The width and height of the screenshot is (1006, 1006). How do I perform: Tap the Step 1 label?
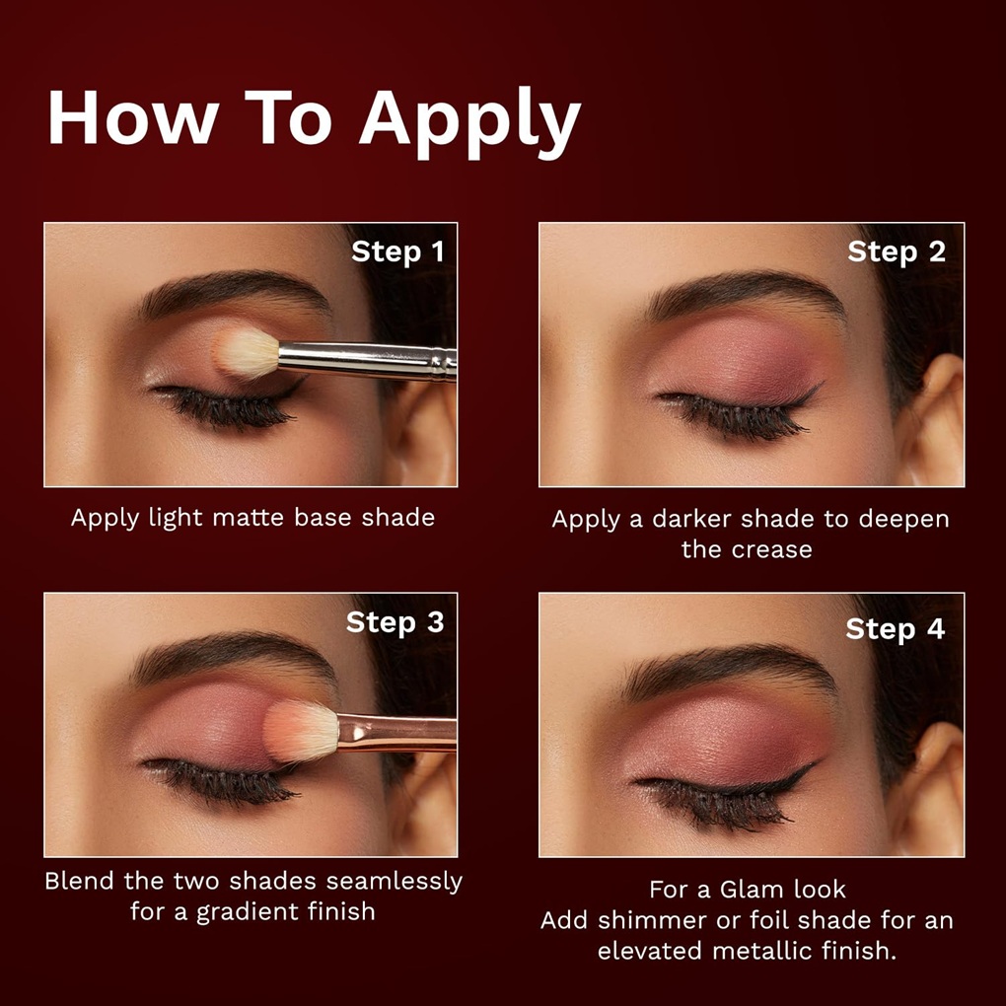(397, 252)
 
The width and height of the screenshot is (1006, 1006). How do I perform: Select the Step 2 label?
(897, 252)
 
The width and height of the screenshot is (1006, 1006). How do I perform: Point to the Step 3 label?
(395, 623)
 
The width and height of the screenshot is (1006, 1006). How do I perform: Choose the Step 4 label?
(895, 629)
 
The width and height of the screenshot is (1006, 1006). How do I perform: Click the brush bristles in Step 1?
(246, 352)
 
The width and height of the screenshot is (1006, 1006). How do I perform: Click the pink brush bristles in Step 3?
(301, 730)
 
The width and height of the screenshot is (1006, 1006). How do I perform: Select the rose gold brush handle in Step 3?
(397, 733)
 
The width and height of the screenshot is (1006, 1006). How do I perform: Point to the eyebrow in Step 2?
(745, 292)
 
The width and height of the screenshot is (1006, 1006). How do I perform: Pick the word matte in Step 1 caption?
(248, 518)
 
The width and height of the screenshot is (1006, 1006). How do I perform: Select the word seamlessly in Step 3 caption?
(394, 882)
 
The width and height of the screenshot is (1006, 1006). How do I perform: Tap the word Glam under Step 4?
(754, 890)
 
